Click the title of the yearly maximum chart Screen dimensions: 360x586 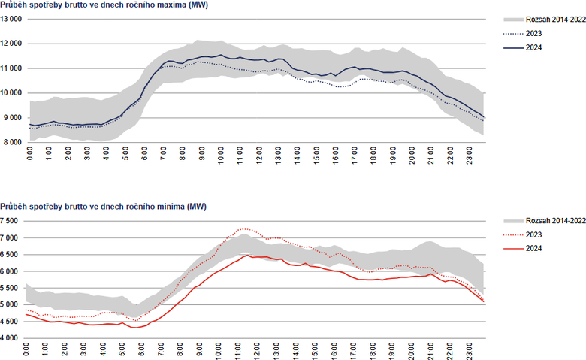(x=94, y=7)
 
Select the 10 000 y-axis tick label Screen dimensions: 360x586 (x=12, y=93)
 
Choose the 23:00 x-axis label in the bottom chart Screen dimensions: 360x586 (x=470, y=352)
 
